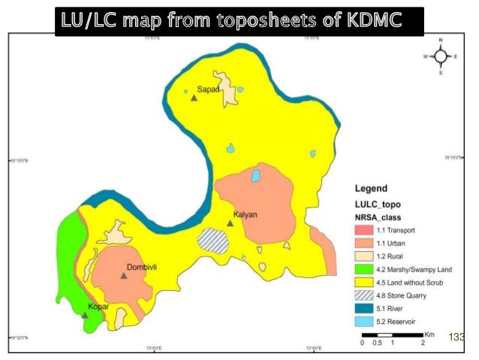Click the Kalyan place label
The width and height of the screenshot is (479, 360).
tap(245, 214)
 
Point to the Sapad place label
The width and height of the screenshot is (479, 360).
tap(207, 89)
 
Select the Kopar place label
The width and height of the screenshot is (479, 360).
tap(98, 307)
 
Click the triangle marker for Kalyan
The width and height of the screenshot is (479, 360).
tap(230, 222)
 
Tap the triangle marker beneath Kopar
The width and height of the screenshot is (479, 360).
tap(85, 315)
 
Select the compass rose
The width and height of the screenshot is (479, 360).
tap(440, 56)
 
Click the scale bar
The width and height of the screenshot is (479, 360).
tap(392, 334)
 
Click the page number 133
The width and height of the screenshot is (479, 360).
tap(457, 337)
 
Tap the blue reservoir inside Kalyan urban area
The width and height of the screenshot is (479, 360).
tap(256, 176)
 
